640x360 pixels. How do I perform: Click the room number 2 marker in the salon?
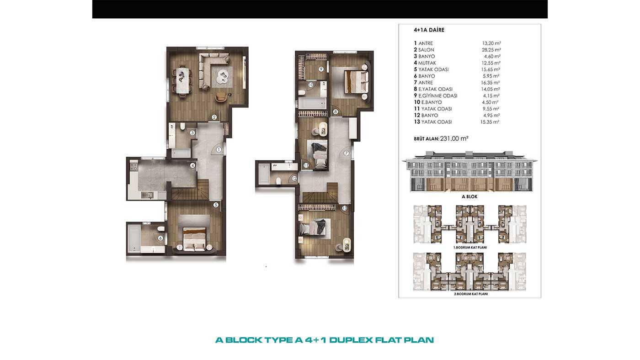click(214, 117)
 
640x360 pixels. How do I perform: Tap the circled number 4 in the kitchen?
click(193, 165)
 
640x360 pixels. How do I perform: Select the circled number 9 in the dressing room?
click(321, 69)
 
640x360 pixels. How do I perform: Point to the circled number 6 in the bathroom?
click(160, 238)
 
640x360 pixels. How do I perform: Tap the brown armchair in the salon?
click(221, 97)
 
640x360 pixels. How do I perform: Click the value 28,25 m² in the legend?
click(491, 50)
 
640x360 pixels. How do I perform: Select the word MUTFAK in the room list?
click(427, 63)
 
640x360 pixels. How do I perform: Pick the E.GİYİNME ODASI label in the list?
click(438, 95)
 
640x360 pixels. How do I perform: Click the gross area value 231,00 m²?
click(454, 139)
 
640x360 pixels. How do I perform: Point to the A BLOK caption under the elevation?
click(469, 196)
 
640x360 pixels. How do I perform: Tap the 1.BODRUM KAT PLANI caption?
click(470, 248)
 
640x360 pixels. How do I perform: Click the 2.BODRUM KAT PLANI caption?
click(470, 294)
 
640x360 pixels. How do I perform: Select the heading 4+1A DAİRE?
click(429, 30)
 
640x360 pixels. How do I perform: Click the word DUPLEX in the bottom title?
click(351, 340)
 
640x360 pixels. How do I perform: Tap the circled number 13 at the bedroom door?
click(345, 208)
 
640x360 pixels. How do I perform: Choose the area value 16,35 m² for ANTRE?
click(490, 83)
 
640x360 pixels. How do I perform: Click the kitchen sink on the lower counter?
click(147, 195)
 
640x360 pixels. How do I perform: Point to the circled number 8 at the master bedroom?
click(335, 111)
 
